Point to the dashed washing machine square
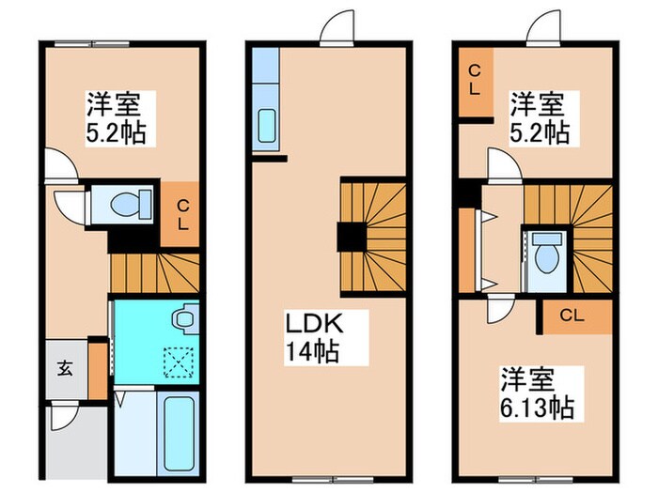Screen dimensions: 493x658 tap(176, 359)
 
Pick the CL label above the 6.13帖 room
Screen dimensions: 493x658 tap(573, 316)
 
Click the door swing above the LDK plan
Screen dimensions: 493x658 tap(336, 31)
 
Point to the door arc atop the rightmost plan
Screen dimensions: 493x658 tap(542, 31)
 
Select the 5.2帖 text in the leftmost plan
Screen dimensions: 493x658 tap(117, 131)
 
